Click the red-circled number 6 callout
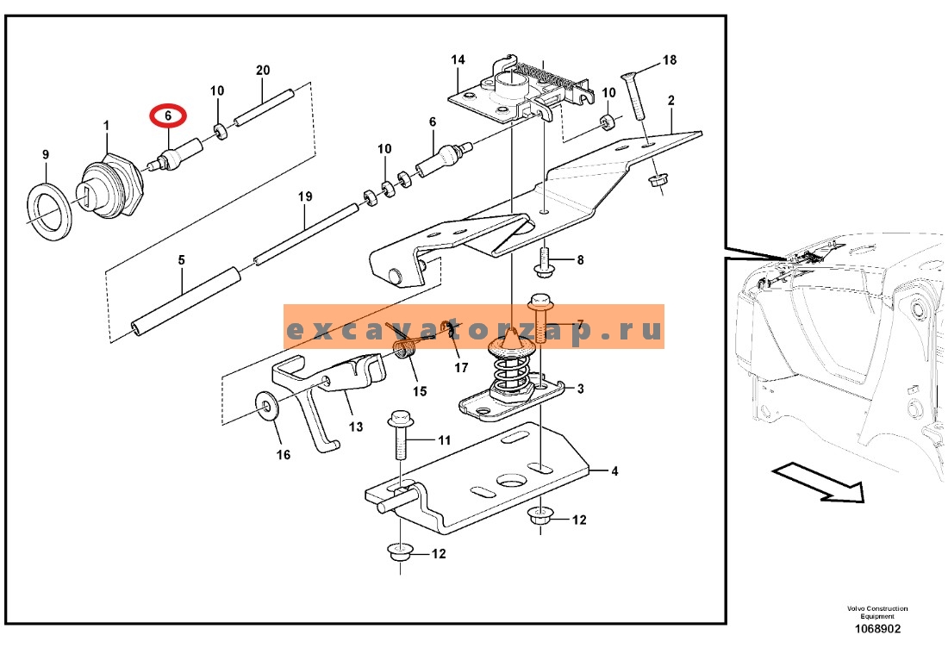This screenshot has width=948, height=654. point(168,115)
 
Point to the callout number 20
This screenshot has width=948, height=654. point(262,70)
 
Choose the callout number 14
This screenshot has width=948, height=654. point(458,59)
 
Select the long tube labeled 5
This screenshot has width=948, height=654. point(186,301)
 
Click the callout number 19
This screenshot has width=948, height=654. point(305,196)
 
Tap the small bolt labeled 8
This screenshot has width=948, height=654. point(544,260)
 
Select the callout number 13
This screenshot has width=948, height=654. point(355,427)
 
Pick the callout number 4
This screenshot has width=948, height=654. point(614,470)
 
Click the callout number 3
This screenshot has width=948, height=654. point(580,389)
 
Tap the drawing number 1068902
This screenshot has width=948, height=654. point(876,629)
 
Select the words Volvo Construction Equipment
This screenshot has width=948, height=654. point(876,613)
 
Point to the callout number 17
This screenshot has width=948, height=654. point(461,367)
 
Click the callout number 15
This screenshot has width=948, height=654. point(420,391)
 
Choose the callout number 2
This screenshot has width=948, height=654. point(671,100)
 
